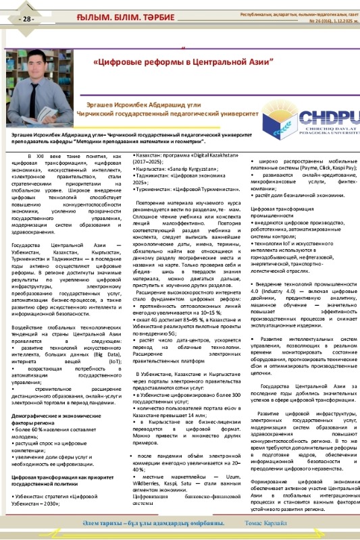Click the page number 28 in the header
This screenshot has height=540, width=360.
pyautogui.click(x=28, y=18)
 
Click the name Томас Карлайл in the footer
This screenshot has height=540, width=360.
pyautogui.click(x=260, y=524)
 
